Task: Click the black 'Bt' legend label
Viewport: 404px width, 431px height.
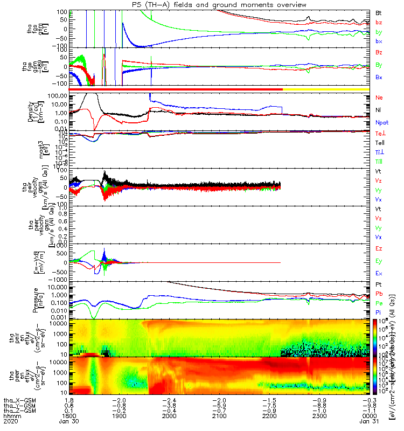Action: click(x=379, y=12)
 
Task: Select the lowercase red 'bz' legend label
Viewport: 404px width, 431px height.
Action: click(x=379, y=23)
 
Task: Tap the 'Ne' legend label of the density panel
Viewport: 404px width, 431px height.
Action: click(x=379, y=98)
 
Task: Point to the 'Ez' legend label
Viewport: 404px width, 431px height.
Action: click(x=379, y=248)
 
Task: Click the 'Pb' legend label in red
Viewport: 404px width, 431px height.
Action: click(x=379, y=294)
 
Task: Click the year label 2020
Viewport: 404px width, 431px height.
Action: click(x=10, y=423)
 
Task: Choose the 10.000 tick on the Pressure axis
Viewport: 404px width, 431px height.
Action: click(x=56, y=287)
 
